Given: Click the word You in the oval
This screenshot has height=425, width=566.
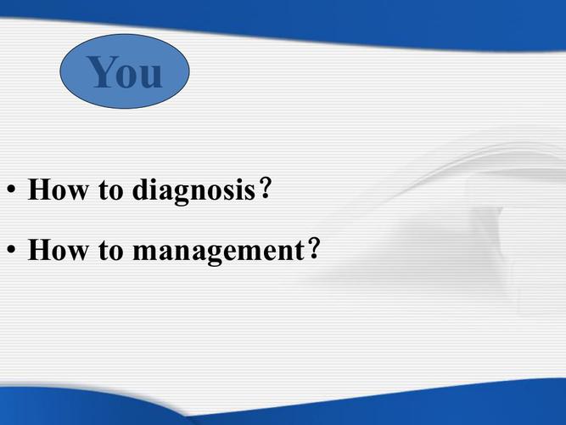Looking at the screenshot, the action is (x=124, y=71).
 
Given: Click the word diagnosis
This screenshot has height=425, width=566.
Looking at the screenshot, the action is (x=193, y=190).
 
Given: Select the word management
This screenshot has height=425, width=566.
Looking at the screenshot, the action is (x=219, y=251).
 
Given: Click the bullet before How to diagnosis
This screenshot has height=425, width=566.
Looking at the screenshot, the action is (x=12, y=189).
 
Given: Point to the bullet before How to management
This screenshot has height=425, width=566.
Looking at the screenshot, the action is (x=12, y=249).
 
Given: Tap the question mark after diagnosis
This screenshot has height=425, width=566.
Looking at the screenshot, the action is (x=265, y=188).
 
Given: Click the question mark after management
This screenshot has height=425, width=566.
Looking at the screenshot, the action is (x=315, y=248).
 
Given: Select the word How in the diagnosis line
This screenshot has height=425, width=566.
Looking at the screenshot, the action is (x=58, y=189).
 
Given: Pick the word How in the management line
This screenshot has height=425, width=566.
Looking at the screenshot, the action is (x=58, y=249).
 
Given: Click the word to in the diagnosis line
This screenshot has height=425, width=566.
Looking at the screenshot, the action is (x=111, y=190).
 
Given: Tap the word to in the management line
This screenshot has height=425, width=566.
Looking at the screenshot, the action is (x=111, y=251).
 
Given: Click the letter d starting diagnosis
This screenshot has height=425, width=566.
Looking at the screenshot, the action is (x=140, y=189).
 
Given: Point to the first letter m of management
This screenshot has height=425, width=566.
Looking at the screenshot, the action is (x=145, y=252).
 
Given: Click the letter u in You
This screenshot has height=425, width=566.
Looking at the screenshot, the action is (x=152, y=76).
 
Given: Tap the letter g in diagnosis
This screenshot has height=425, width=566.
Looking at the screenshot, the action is (x=182, y=195).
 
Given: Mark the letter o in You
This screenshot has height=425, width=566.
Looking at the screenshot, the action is (x=129, y=76).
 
